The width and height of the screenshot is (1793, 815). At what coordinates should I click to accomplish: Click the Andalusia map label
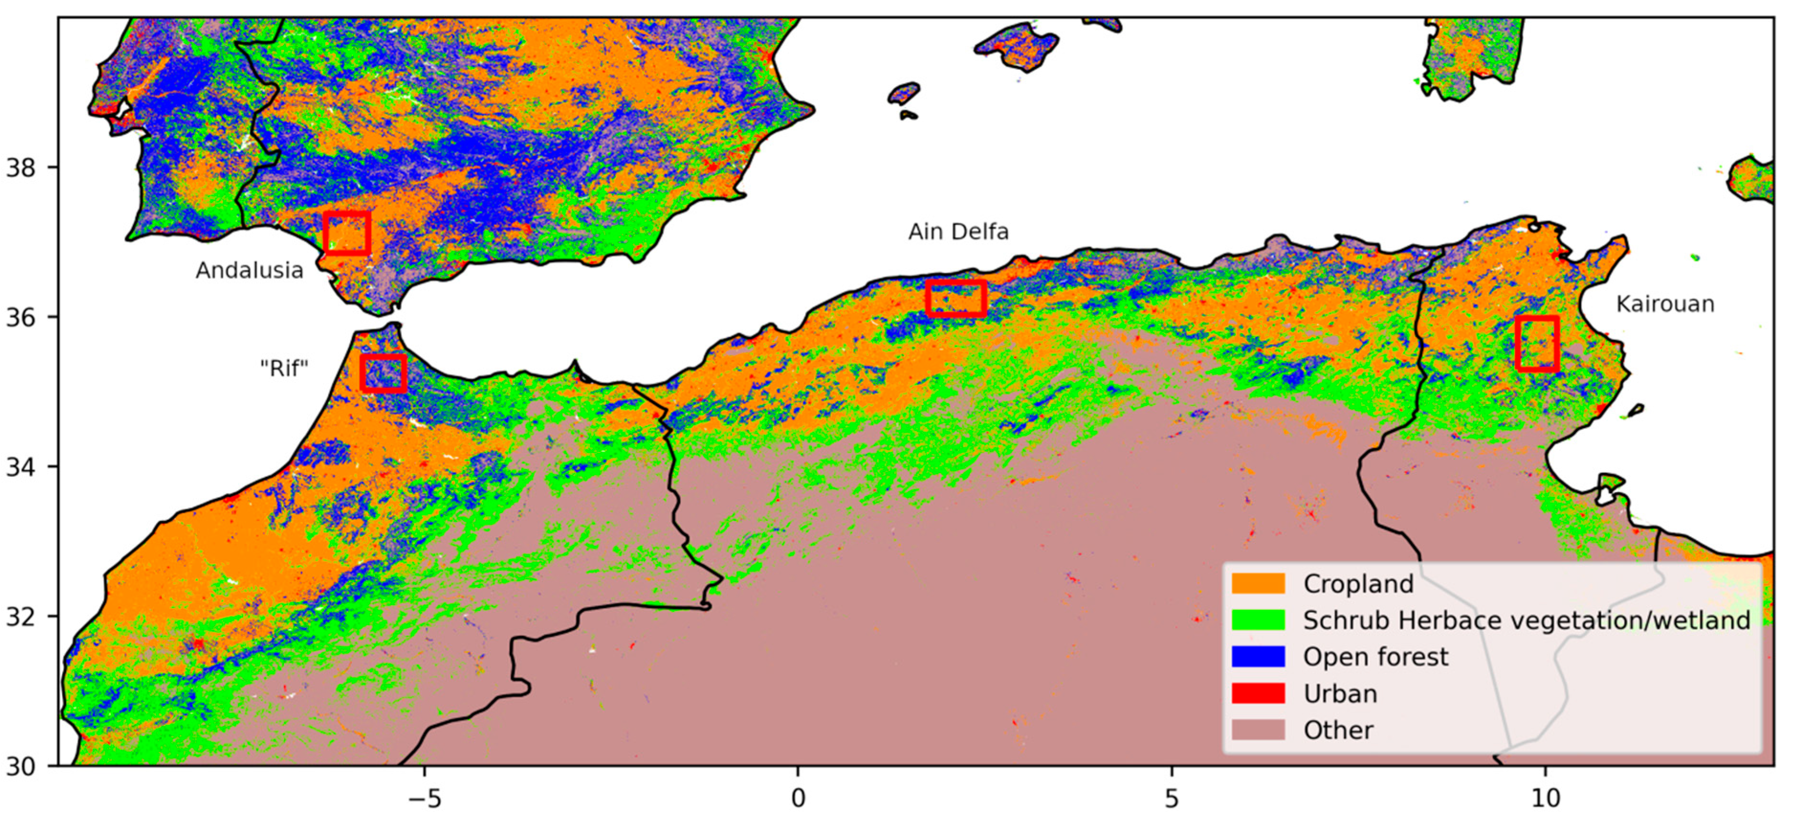pos(249,270)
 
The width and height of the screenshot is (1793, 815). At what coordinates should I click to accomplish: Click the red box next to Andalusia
pos(347,233)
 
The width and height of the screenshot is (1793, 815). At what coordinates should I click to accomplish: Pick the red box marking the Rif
pos(383,373)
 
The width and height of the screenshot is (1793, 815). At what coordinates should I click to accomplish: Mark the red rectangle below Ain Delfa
pos(956,298)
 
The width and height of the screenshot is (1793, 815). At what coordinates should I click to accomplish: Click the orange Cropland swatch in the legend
pos(1258,583)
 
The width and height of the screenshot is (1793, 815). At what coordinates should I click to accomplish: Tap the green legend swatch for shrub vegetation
pos(1258,619)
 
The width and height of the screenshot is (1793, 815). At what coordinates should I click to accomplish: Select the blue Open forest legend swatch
pos(1258,656)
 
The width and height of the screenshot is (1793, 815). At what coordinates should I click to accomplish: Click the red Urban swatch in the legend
pos(1258,693)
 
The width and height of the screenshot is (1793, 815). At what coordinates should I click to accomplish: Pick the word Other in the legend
pos(1338,730)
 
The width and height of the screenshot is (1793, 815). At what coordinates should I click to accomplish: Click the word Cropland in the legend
pos(1358,583)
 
